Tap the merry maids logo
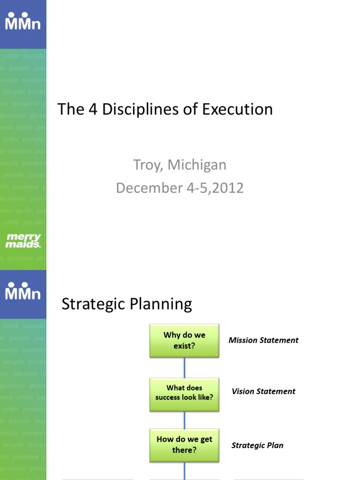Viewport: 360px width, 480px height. pos(23,240)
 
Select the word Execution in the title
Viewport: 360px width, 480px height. pos(237,109)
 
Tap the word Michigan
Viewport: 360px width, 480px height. pos(197,165)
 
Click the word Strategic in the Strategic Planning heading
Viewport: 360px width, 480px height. pos(95,305)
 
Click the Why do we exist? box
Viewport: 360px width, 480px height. pos(184,341)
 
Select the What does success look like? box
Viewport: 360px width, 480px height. pos(184,394)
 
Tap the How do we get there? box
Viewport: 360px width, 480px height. pos(184,445)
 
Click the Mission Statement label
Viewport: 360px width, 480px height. pos(263,340)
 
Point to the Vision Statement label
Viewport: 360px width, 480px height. pos(263,391)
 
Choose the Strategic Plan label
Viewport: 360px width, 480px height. pos(257,445)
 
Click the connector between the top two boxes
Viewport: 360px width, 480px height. pos(184,367)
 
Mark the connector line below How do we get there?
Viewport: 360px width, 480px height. pos(184,470)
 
